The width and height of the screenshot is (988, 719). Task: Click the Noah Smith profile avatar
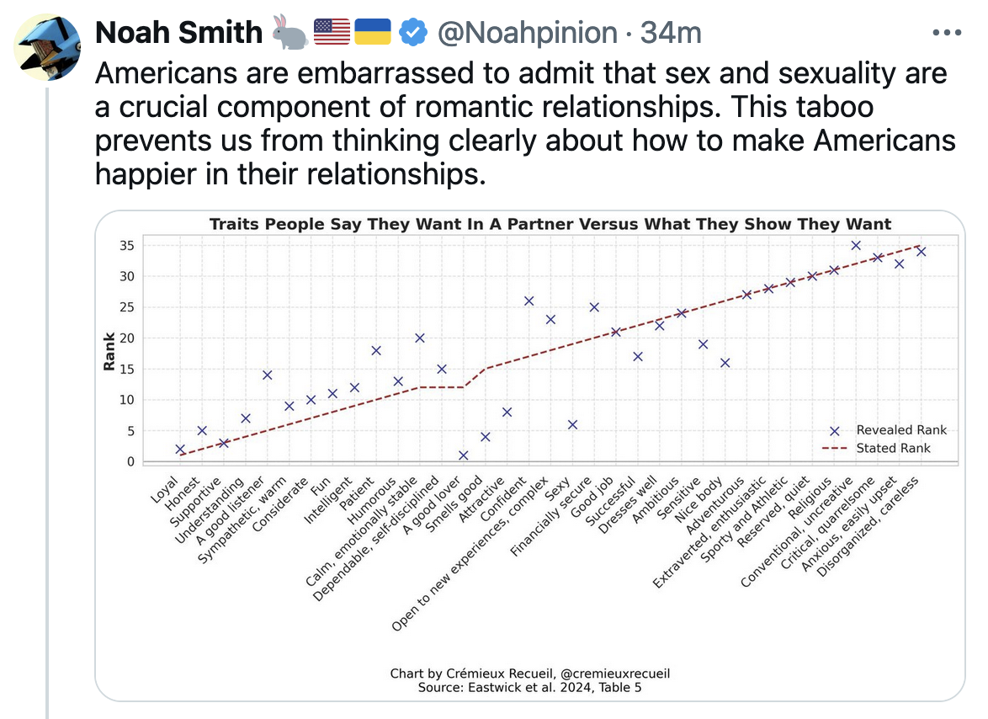[x=48, y=46]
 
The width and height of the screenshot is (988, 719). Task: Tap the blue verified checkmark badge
[x=412, y=33]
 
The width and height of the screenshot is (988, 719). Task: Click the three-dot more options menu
[x=948, y=34]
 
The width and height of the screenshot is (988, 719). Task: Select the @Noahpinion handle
[x=527, y=33]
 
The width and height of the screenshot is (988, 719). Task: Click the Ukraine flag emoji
[x=372, y=33]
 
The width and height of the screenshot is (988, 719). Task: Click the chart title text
[x=550, y=224]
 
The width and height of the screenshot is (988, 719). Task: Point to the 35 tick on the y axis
[x=126, y=245]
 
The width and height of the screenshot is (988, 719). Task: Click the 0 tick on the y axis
[x=130, y=461]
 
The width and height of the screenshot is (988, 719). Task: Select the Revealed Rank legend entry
[x=900, y=430]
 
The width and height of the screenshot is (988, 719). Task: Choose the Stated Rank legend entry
[x=892, y=448]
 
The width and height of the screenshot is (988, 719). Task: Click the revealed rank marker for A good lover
[x=463, y=455]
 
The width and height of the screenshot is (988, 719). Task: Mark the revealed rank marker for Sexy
[x=572, y=424]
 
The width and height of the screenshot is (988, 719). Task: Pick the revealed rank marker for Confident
[x=529, y=301]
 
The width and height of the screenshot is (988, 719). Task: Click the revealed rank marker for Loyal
[x=180, y=450]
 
